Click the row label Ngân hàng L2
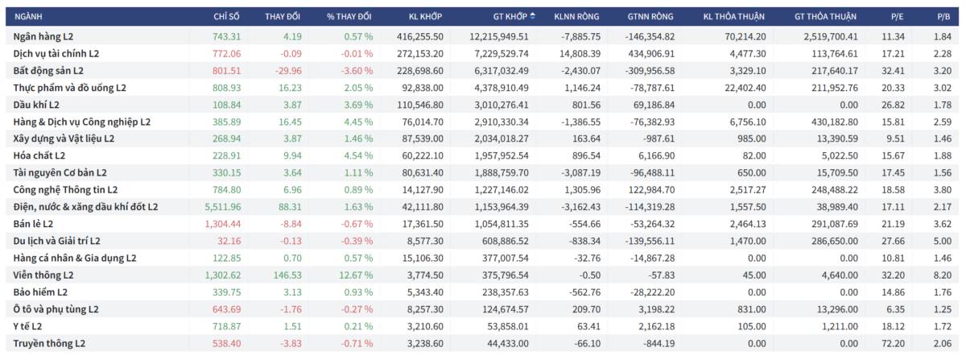pyautogui.click(x=44, y=36)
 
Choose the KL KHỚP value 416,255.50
pyautogui.click(x=420, y=36)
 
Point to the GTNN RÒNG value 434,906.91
pyautogui.click(x=650, y=53)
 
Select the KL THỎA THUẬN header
pyautogui.click(x=733, y=16)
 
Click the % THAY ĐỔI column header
pyautogui.click(x=349, y=16)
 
